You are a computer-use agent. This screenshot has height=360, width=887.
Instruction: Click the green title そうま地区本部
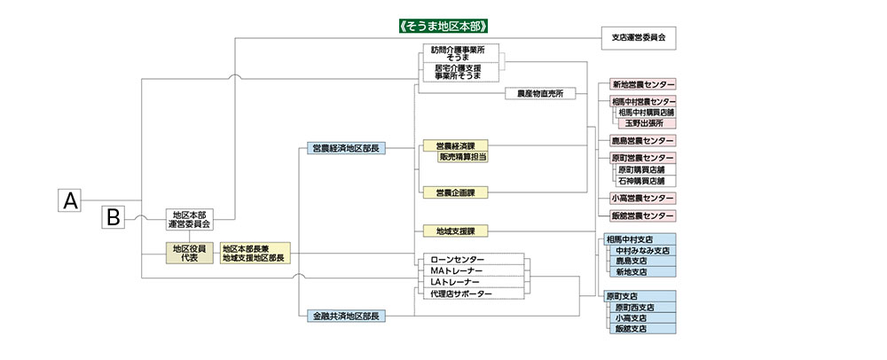click(443, 26)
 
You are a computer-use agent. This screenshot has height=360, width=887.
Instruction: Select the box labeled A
click(70, 200)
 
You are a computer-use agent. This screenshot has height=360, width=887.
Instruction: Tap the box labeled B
click(114, 217)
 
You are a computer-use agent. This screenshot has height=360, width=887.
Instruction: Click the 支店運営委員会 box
click(639, 38)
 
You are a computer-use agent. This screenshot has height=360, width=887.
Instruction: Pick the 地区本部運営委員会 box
click(189, 220)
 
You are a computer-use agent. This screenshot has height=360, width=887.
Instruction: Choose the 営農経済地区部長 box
click(346, 148)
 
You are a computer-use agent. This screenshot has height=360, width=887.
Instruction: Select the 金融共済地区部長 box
click(346, 317)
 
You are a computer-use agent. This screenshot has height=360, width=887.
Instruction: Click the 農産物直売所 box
click(539, 94)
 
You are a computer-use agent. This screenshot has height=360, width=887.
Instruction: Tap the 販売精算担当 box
click(463, 158)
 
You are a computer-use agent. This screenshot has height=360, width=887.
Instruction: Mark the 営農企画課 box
click(455, 192)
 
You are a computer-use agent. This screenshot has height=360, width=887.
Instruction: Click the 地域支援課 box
click(455, 231)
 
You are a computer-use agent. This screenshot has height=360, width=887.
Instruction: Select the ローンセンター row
click(473, 260)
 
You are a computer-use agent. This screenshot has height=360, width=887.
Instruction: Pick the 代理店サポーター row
click(473, 293)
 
